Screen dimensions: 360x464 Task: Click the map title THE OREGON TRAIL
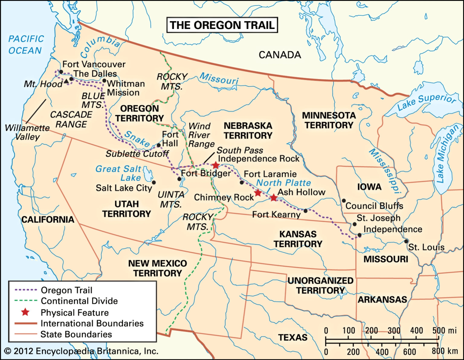[x=222, y=25]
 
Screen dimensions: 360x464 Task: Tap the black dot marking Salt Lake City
[x=154, y=182]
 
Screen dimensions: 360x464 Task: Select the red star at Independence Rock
[x=215, y=165]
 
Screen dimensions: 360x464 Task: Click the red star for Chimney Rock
[x=258, y=193]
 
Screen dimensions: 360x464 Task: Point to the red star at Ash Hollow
[x=273, y=198]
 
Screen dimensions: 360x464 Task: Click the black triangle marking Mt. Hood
[x=66, y=81]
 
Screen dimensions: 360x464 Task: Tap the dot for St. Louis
[x=406, y=241]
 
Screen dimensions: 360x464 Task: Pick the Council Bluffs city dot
[x=344, y=201]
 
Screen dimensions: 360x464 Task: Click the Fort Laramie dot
[x=242, y=182]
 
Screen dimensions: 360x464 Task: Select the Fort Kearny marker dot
[x=305, y=211]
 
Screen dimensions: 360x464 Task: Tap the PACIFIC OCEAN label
[x=26, y=45]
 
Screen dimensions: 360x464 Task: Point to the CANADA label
[x=280, y=55]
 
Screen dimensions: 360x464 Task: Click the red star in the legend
[x=25, y=312]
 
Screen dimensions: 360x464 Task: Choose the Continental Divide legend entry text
[x=79, y=301]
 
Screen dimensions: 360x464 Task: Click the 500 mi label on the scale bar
[x=444, y=330]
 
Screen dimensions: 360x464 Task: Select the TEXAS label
[x=292, y=337]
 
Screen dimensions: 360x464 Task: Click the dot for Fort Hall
[x=159, y=145]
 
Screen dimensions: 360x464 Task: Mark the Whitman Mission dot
[x=104, y=81]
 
